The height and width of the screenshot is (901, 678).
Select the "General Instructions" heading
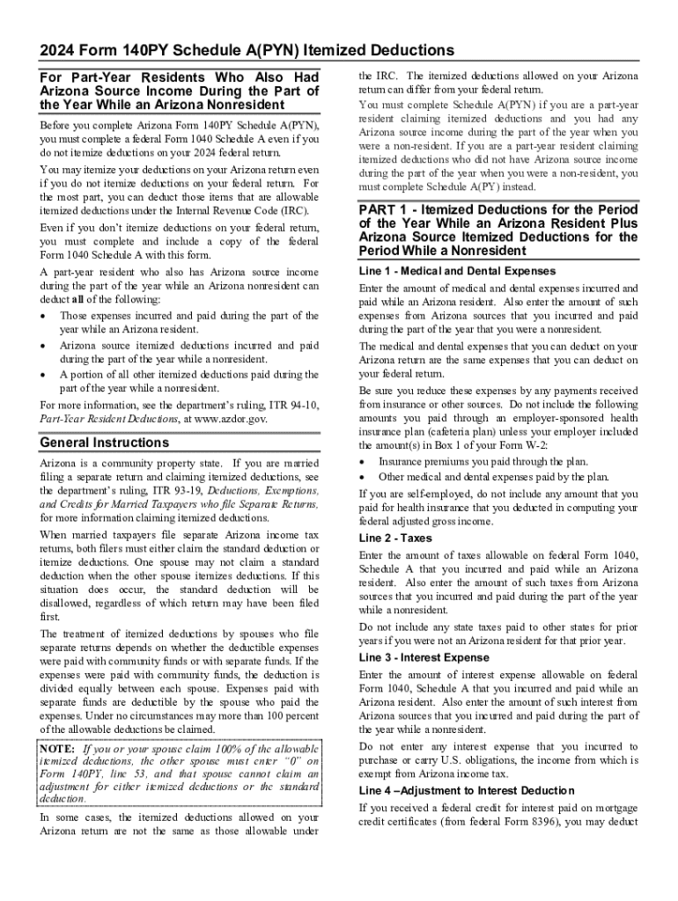tap(105, 443)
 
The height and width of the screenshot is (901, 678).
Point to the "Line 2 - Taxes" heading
tap(396, 538)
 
